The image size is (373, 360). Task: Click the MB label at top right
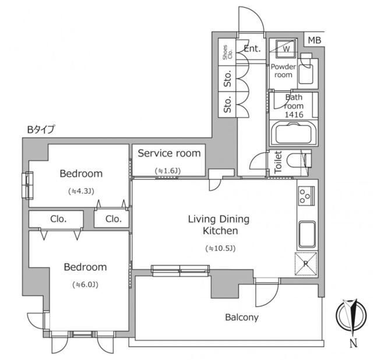coord(315,40)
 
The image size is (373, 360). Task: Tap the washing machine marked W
coord(286,48)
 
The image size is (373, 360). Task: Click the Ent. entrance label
coord(252,48)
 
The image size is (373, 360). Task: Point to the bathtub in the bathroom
coord(294,133)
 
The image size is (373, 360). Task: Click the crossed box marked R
coord(306,264)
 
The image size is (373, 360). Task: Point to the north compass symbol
coord(351,315)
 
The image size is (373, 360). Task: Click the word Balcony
coord(242,317)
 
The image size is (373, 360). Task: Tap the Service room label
coord(169,153)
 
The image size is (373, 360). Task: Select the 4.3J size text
coord(81,191)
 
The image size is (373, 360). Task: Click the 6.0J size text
coord(86,285)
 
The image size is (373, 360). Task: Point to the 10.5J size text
coord(220,249)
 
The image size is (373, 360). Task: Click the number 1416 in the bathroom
coord(294,115)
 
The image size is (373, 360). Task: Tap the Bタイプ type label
coord(41,129)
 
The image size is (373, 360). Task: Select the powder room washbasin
coord(307,72)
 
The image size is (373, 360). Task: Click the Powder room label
coord(283,70)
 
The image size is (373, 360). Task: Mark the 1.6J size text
coord(168,171)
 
